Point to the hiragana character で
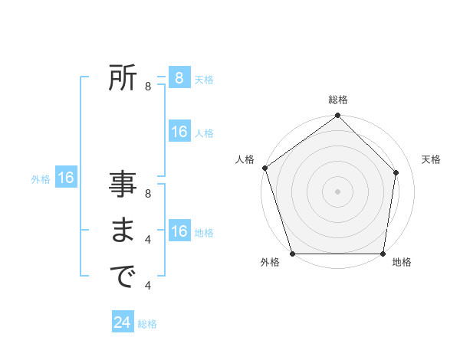click(x=123, y=276)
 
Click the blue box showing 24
click(x=123, y=322)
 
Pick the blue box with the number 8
click(x=179, y=77)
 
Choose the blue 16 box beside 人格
click(x=179, y=132)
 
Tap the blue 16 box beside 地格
click(x=179, y=231)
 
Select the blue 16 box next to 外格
click(x=66, y=178)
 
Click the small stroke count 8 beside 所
click(x=148, y=87)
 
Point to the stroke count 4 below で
click(x=148, y=286)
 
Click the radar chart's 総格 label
click(x=338, y=100)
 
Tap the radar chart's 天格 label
click(x=431, y=159)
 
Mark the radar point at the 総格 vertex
click(x=338, y=116)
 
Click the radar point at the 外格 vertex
click(x=293, y=254)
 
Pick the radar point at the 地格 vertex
click(x=383, y=254)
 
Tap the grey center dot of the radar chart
click(x=338, y=191)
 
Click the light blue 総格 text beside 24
click(x=147, y=324)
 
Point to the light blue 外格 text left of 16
click(x=41, y=179)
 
